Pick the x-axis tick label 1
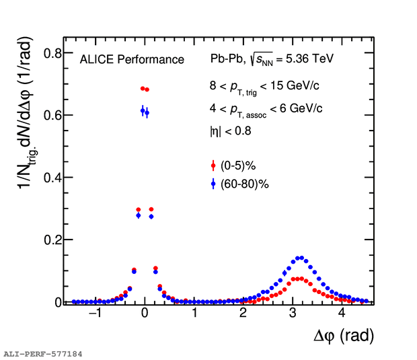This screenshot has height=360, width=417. click(x=194, y=314)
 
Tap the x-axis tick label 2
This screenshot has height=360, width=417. click(x=243, y=314)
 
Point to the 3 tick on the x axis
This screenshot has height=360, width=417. click(x=293, y=314)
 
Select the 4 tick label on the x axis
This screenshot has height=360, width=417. click(x=342, y=314)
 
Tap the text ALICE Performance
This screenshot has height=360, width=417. click(x=132, y=60)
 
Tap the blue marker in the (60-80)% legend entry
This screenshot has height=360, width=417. click(x=213, y=183)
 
